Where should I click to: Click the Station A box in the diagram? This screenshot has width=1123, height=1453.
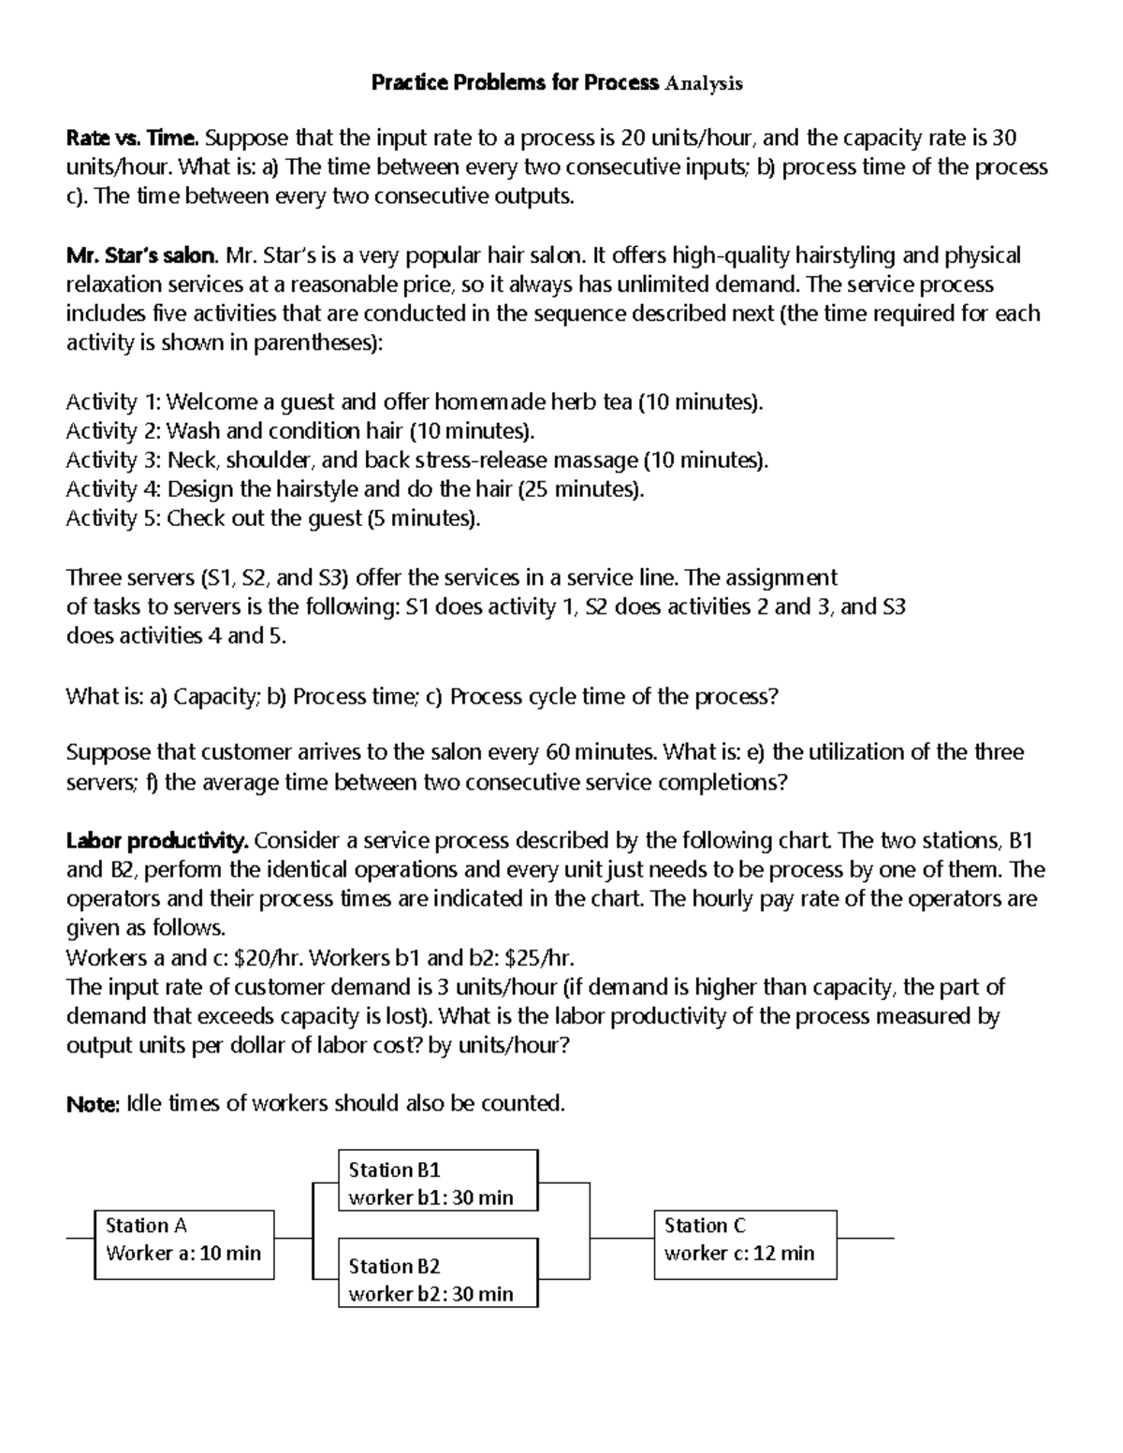click(x=184, y=1244)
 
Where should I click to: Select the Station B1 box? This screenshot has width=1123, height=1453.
click(x=438, y=1181)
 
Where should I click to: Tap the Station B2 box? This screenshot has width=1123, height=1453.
click(x=438, y=1272)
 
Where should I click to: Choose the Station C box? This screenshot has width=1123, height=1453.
click(x=745, y=1244)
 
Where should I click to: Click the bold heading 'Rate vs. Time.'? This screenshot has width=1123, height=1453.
click(x=132, y=138)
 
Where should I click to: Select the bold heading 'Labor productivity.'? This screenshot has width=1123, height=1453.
click(x=157, y=840)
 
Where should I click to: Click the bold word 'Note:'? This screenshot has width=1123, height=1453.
click(x=93, y=1104)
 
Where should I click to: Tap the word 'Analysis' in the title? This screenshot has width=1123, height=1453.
click(x=703, y=83)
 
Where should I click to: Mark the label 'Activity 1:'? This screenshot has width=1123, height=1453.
click(x=113, y=402)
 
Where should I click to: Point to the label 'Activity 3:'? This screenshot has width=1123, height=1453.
click(x=113, y=460)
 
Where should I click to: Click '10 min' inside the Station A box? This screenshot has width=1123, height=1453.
click(x=230, y=1253)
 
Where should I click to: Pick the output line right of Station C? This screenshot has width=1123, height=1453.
click(x=866, y=1238)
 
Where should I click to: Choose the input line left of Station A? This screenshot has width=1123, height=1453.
click(x=80, y=1238)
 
